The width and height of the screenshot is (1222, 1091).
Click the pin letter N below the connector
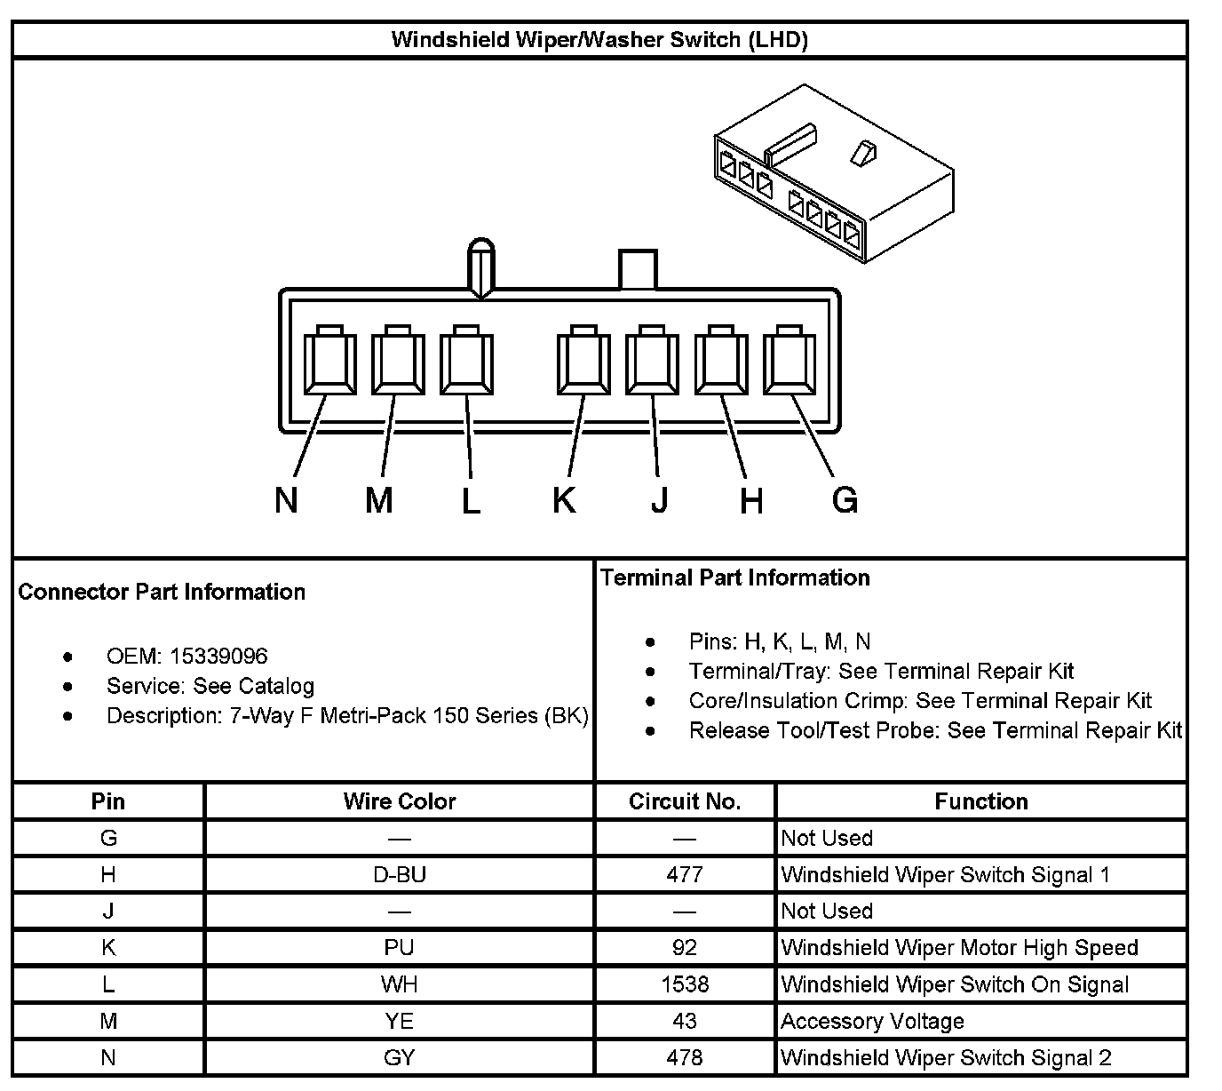pos(286,500)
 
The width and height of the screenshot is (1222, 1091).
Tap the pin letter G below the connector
pos(845,500)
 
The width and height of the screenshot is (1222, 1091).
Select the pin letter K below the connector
pos(564,500)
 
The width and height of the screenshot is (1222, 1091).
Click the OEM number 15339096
pos(218,657)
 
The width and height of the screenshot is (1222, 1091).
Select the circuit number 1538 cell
pos(685,984)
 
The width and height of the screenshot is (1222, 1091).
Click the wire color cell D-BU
pos(400,875)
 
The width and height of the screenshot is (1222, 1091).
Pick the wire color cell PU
pos(400,948)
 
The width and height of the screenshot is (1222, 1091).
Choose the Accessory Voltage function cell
pos(872,1022)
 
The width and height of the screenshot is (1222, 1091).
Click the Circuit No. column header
pos(685,801)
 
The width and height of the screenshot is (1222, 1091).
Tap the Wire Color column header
pos(400,801)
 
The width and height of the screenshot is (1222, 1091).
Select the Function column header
pos(981,801)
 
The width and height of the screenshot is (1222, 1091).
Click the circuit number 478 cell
pos(685,1058)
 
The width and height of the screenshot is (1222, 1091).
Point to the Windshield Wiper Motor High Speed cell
pos(959,948)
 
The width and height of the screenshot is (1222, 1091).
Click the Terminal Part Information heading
pos(735,578)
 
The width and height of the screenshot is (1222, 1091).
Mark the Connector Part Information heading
pos(162,593)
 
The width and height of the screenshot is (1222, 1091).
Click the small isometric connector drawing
pos(835,178)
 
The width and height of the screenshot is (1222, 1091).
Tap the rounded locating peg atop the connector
pos(480,265)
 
